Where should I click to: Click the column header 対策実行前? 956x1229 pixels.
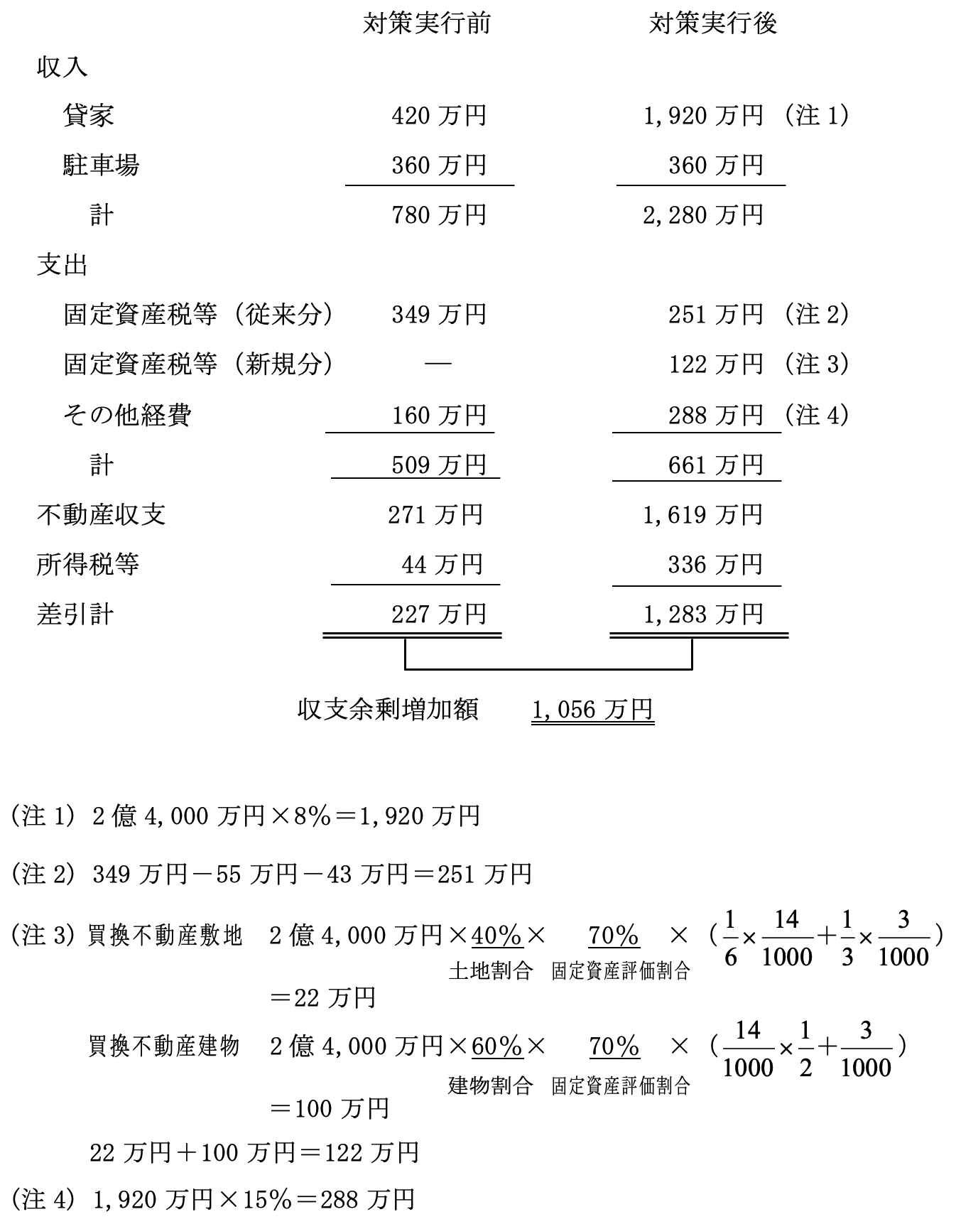tap(426, 24)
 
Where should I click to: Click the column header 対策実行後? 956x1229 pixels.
tap(712, 24)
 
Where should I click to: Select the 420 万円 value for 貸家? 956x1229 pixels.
tap(439, 115)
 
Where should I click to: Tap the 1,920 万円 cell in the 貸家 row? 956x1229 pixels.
tap(702, 115)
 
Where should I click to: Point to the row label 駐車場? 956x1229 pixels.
tap(101, 165)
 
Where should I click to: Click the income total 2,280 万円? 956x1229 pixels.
tap(702, 215)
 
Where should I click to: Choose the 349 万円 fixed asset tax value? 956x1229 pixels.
tap(439, 314)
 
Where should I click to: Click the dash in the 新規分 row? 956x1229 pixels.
tap(438, 364)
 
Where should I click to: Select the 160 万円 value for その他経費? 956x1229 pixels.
tap(439, 415)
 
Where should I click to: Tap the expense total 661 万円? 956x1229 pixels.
tap(715, 465)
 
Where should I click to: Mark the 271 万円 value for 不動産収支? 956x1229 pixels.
tap(435, 514)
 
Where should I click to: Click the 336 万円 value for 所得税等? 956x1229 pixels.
tap(715, 565)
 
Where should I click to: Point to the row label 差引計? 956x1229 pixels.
tap(75, 614)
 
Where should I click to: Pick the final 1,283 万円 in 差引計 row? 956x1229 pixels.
tap(702, 614)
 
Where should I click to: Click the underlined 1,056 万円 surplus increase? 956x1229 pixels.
tap(592, 710)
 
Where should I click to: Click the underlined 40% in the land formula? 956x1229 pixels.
tap(497, 936)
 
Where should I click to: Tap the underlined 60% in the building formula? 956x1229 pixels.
tap(497, 1046)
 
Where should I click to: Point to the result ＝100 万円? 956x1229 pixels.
tap(330, 1108)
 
